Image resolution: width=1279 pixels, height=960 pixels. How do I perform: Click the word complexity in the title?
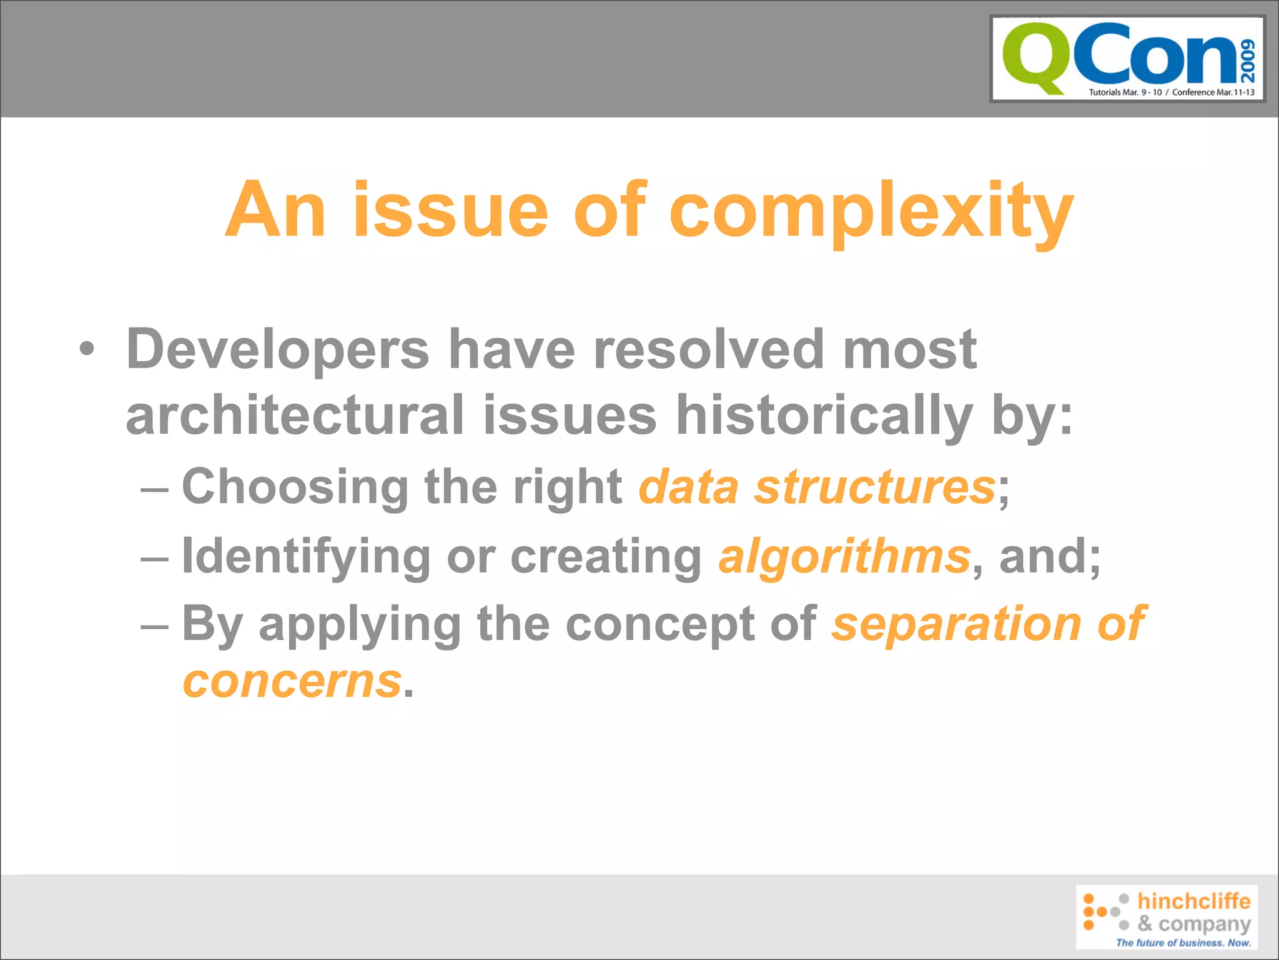871,211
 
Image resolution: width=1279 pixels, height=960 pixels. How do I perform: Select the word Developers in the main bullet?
277,349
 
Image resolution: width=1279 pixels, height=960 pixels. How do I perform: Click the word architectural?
295,416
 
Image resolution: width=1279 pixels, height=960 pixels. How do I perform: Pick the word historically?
824,416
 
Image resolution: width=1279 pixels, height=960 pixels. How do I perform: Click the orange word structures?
874,487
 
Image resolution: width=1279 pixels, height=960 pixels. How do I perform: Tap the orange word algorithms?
844,556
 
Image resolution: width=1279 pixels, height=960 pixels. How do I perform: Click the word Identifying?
306,556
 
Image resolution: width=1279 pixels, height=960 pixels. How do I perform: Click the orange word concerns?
292,681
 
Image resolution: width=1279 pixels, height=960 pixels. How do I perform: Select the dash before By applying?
154,625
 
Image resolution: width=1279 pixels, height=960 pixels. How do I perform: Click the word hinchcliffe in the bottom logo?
1193,901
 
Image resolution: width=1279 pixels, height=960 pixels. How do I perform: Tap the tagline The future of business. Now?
1183,942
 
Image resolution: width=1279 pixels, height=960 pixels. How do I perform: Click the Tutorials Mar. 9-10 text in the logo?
1125,92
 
